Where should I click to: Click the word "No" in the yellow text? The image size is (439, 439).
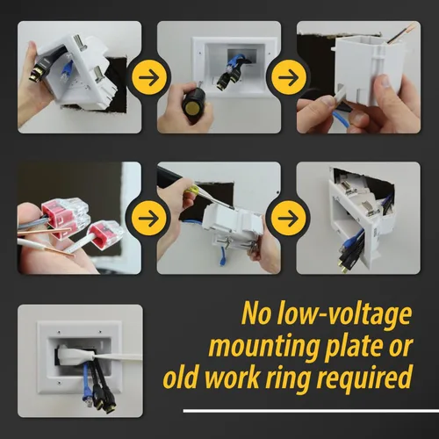(x=256, y=314)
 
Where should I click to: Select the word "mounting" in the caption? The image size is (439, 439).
(x=263, y=347)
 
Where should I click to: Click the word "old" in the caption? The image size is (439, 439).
(x=181, y=378)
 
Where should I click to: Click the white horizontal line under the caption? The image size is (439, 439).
(x=311, y=411)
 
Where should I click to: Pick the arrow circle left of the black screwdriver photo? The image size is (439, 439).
(x=149, y=77)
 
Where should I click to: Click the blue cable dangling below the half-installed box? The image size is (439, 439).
(x=223, y=255)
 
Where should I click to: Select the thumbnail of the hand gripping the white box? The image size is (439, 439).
(x=358, y=77)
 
